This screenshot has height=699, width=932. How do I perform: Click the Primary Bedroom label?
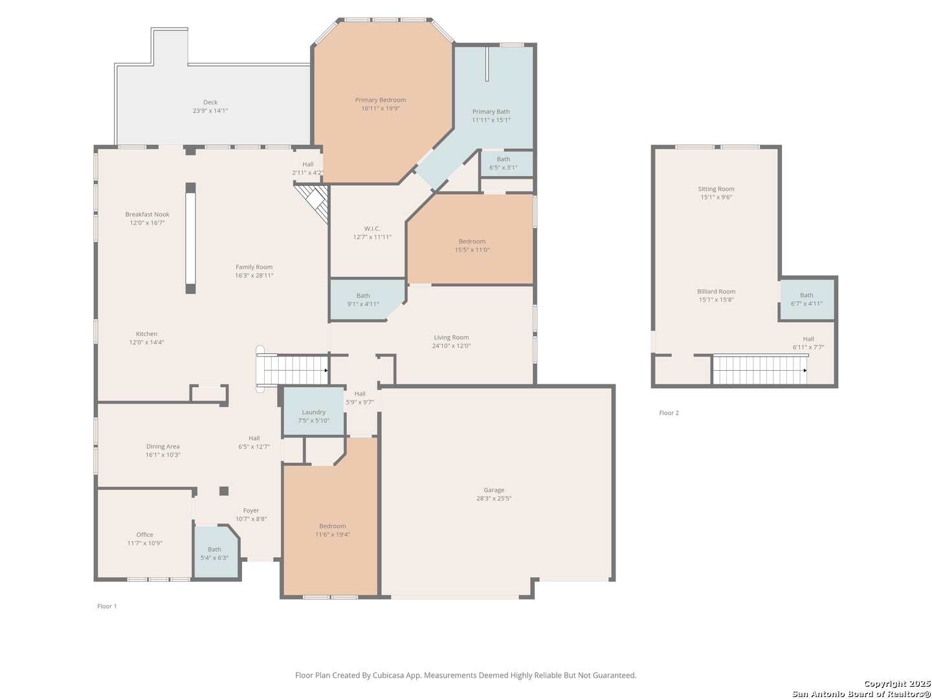click(380, 100)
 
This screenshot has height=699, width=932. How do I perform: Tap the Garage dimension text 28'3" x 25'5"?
click(493, 498)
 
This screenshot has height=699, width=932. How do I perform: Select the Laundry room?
click(314, 411)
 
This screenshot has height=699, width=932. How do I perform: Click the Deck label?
click(210, 102)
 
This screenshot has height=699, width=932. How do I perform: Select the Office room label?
click(145, 535)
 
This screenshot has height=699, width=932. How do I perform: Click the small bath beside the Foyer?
click(216, 551)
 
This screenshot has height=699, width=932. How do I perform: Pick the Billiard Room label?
click(716, 291)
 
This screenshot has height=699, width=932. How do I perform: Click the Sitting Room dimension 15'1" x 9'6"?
click(716, 197)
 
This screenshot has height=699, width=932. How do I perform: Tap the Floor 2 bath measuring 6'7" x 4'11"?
click(806, 299)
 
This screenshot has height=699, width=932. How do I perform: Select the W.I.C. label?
click(372, 228)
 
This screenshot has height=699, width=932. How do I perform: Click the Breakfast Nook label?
click(147, 214)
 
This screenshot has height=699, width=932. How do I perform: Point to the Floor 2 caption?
click(669, 412)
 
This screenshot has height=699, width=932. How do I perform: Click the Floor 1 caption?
click(107, 606)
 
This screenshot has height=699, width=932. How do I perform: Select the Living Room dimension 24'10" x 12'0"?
click(451, 346)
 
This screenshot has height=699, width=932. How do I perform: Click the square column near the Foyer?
click(224, 491)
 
